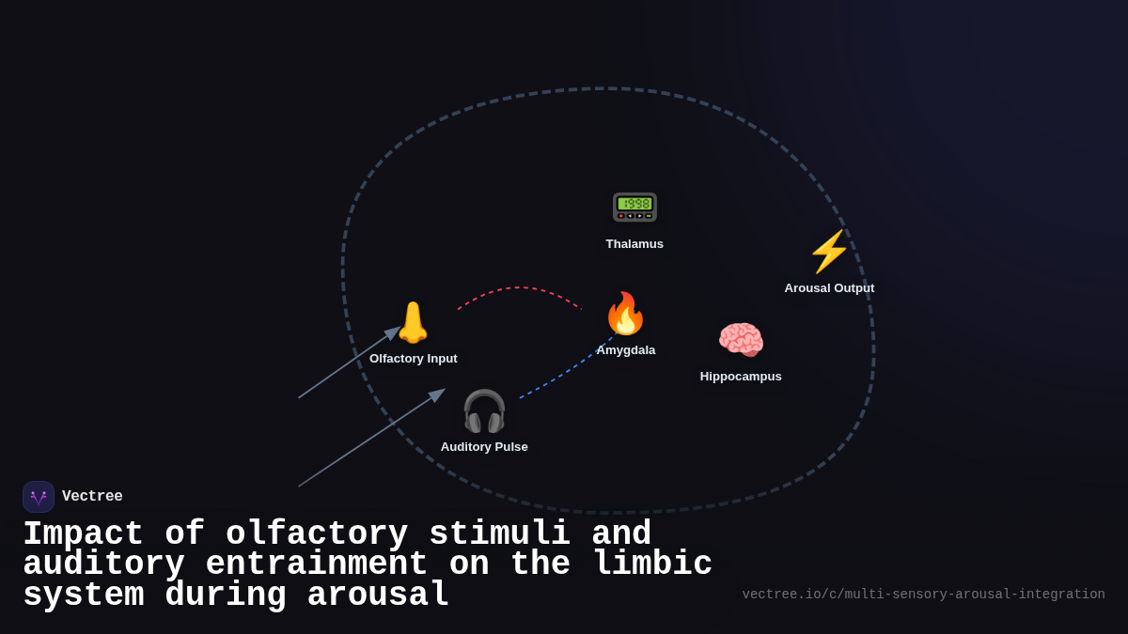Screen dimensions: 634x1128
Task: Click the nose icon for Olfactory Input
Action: (413, 323)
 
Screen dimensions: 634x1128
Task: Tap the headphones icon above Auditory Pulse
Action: (484, 411)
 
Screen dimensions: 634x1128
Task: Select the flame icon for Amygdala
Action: (625, 314)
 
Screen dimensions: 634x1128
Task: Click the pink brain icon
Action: (741, 340)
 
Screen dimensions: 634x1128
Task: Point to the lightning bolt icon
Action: (829, 252)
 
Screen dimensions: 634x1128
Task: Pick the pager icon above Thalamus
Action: (634, 207)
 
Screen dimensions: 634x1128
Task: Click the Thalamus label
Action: (634, 244)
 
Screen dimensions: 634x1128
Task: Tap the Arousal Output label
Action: (829, 288)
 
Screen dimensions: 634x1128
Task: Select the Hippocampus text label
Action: (741, 377)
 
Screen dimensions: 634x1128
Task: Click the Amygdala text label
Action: (626, 350)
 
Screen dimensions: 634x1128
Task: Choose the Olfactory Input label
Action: (414, 359)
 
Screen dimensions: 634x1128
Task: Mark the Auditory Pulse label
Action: (484, 447)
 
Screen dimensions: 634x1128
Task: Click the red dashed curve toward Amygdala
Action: (517, 287)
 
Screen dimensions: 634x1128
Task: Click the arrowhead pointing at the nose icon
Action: (394, 332)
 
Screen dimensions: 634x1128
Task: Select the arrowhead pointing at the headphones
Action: (437, 395)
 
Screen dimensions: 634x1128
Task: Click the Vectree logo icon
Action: (39, 497)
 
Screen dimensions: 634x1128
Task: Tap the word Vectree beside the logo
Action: (92, 497)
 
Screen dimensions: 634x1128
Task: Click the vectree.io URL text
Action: (923, 595)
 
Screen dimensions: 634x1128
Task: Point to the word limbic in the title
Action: (652, 565)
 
